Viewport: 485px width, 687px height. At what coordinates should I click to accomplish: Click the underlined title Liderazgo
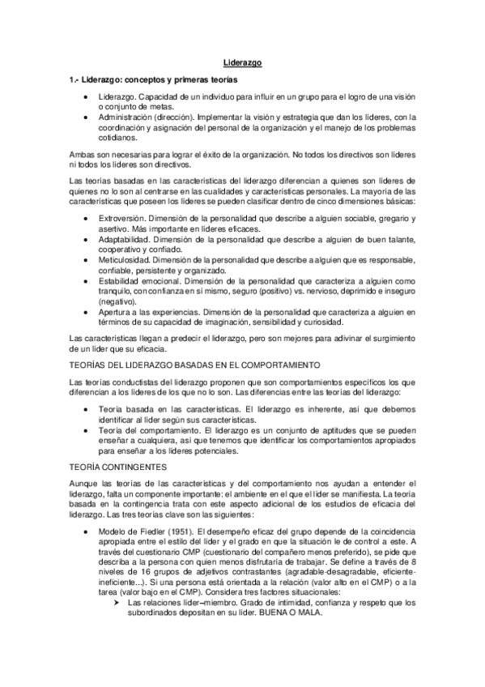[x=242, y=62]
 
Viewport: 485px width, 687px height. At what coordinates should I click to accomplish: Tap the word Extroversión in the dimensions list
[x=124, y=219]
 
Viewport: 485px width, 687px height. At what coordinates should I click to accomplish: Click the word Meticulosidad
[x=124, y=259]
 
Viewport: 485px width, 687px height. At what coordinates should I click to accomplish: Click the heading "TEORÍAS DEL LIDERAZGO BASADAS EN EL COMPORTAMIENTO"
[x=196, y=365]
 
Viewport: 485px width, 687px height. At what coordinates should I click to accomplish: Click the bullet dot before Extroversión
[x=87, y=219]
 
